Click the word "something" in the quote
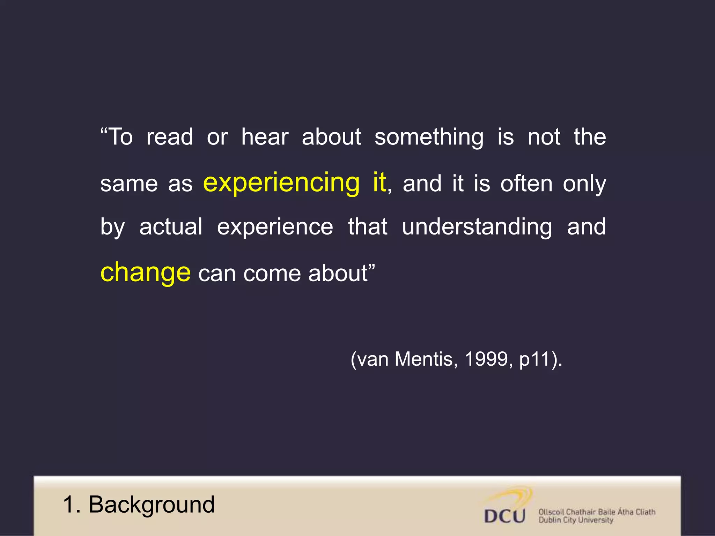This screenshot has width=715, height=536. pos(429,137)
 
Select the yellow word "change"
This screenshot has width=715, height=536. pos(145,273)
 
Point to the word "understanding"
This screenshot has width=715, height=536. pos(477,227)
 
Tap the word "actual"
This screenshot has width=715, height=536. pos(171,226)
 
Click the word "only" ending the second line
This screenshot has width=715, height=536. pos(584,184)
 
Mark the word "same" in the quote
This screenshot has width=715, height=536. pos(129,184)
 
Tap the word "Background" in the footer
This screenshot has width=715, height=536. pos(152,505)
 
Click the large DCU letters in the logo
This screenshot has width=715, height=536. pos(504,516)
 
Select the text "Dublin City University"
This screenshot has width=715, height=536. pos(576,520)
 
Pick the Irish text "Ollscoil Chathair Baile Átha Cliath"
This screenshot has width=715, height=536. pos(597,512)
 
